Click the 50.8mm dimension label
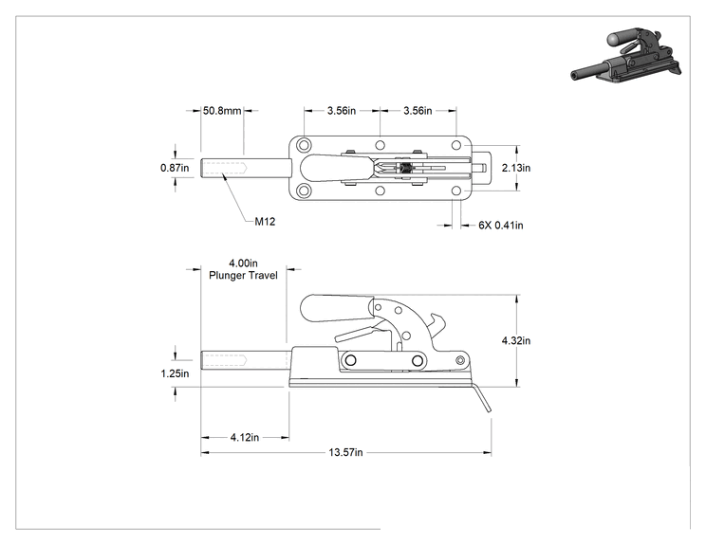click(x=222, y=110)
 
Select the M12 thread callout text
click(x=265, y=221)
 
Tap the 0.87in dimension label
click(x=175, y=168)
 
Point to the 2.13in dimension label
click(x=516, y=168)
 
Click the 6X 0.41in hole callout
click(x=501, y=225)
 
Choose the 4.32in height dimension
click(x=516, y=340)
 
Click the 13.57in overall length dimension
click(x=345, y=452)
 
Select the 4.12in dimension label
click(x=245, y=437)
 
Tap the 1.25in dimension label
click(x=175, y=373)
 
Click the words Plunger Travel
click(x=243, y=275)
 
